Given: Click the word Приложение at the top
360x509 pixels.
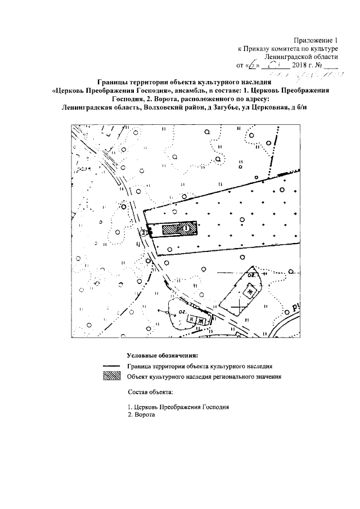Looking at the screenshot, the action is (x=312, y=40).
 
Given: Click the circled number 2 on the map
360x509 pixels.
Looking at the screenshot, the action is (x=143, y=232).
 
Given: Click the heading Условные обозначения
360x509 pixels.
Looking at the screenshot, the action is (x=163, y=355).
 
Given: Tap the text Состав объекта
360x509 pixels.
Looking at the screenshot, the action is (x=150, y=391).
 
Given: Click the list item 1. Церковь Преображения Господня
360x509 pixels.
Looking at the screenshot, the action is (x=179, y=406).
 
